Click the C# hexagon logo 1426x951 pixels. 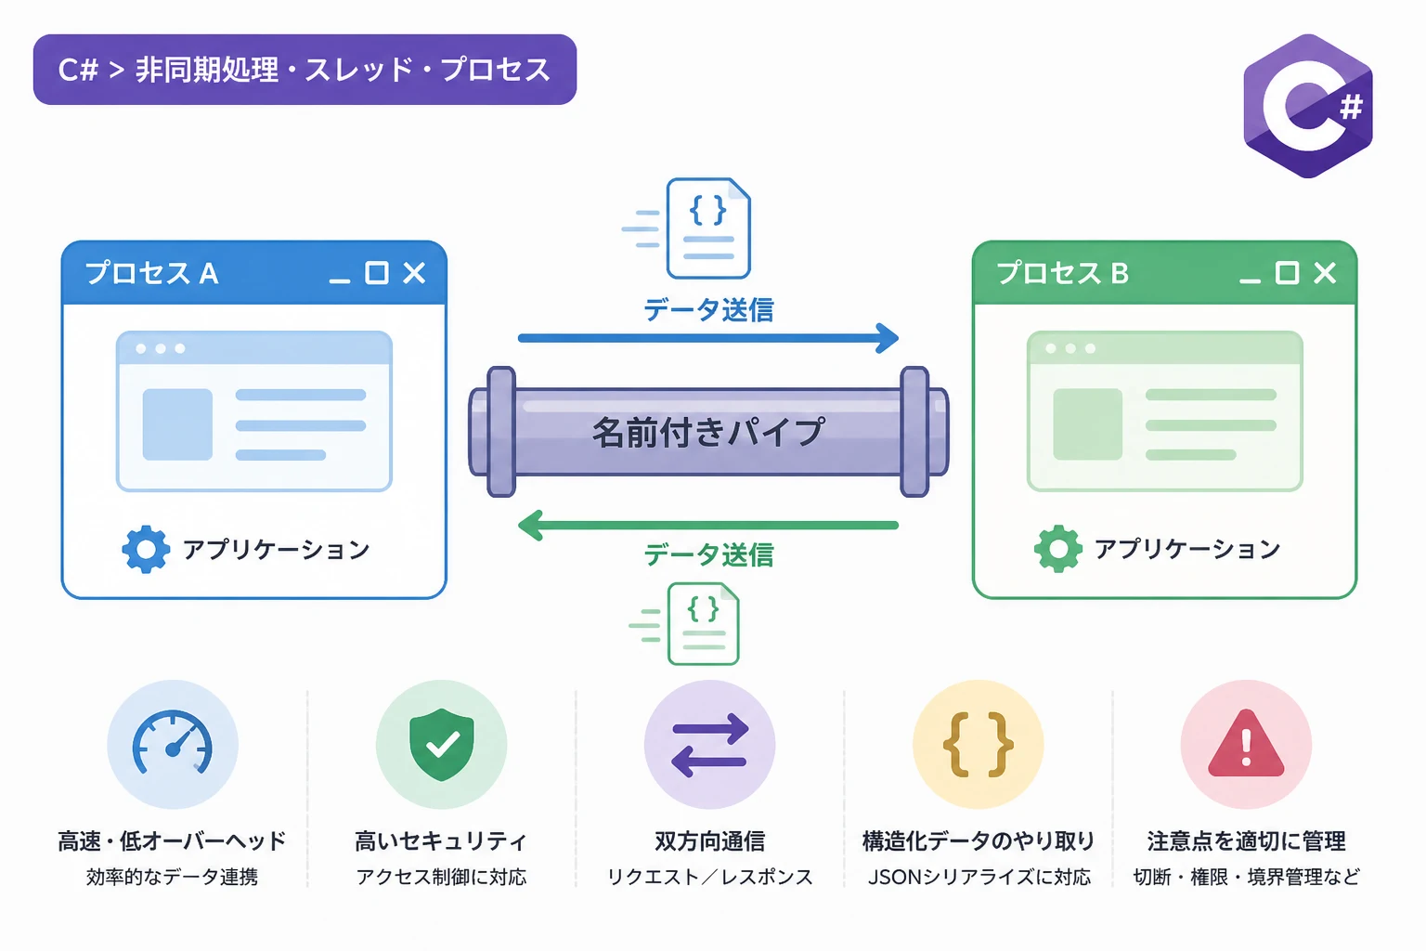pos(1307,106)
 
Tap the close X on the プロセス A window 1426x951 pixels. pos(414,273)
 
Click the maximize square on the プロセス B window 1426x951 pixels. pos(1288,273)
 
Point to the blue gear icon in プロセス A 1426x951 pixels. pos(146,549)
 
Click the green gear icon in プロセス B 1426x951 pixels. pos(1058,549)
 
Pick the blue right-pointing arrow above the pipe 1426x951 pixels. pos(708,338)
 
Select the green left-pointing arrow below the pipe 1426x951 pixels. pos(708,526)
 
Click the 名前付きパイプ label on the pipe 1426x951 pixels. pos(708,433)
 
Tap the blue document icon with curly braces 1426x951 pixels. pos(708,228)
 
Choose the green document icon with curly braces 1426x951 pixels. pos(703,624)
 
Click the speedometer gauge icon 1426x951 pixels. pos(173,743)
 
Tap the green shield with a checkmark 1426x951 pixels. pos(441,744)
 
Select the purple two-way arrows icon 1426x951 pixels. pos(710,745)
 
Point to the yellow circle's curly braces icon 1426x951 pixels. pos(978,745)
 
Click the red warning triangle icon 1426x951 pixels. pos(1246,744)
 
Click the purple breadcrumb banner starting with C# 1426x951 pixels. pos(305,70)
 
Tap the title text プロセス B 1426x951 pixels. pos(1062,273)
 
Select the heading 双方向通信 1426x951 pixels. pos(710,840)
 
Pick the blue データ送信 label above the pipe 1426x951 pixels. pos(708,310)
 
